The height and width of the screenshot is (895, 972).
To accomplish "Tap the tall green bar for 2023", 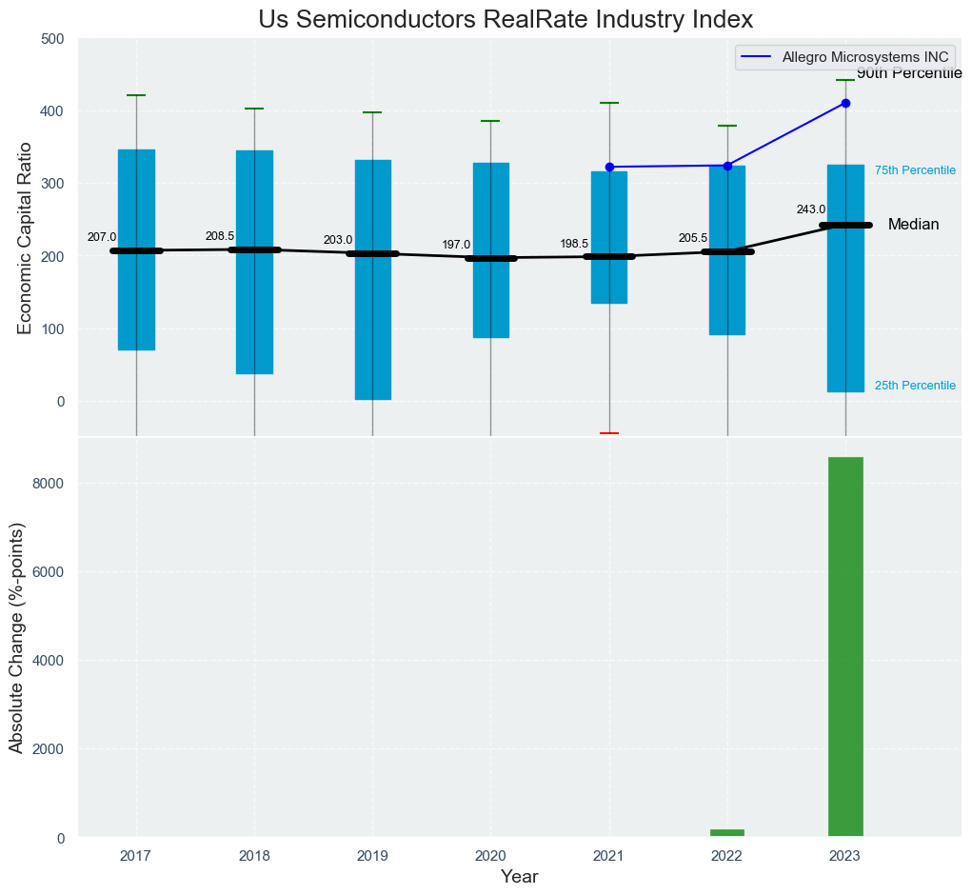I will (x=845, y=646).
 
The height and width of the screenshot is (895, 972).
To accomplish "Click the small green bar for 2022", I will (x=727, y=832).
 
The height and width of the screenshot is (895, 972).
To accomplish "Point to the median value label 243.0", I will (x=811, y=209).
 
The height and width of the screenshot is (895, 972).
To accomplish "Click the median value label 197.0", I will (x=456, y=245).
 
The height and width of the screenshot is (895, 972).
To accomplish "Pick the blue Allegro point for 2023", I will (x=845, y=103).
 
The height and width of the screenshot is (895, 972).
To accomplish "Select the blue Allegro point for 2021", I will (x=609, y=167).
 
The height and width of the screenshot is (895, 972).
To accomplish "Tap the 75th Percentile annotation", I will (x=915, y=170).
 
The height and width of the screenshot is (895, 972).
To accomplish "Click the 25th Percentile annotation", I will (x=915, y=386).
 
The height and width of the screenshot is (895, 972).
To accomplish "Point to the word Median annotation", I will (x=913, y=225).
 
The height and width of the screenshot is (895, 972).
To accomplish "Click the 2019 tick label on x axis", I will (x=372, y=856).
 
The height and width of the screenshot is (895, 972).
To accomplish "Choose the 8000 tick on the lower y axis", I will (x=49, y=484).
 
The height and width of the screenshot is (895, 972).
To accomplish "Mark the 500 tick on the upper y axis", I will (x=52, y=39).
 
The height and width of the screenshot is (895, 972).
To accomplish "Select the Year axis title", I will (x=520, y=877).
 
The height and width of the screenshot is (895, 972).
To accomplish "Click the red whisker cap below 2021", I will (x=609, y=433).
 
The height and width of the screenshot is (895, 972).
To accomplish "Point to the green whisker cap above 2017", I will (x=136, y=95).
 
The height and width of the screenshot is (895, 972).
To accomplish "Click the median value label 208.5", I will (x=220, y=236).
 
